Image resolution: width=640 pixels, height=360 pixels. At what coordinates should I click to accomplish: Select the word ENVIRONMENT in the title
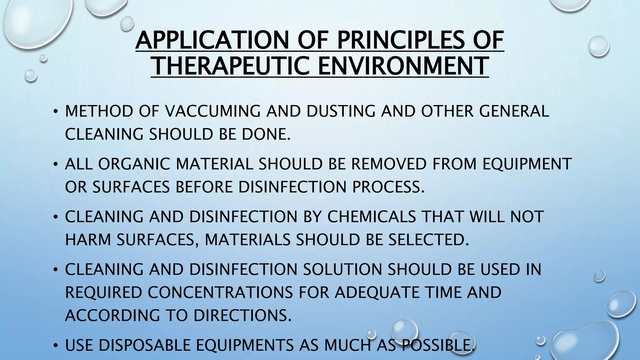403,66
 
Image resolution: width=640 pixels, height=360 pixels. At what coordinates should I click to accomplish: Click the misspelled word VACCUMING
213,111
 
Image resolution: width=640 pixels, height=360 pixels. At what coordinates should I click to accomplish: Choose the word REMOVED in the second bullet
389,164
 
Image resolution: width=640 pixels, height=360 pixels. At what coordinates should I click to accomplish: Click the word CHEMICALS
372,217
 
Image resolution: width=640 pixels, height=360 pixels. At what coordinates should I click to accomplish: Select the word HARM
88,240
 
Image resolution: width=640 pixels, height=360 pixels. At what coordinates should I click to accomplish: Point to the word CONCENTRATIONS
220,292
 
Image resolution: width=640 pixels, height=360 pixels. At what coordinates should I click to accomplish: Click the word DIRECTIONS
242,315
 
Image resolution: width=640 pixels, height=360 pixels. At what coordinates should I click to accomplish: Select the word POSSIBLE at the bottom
438,345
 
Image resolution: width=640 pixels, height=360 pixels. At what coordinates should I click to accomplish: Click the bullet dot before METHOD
55,112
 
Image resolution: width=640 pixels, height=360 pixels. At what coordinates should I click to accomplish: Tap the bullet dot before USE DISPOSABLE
55,346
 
